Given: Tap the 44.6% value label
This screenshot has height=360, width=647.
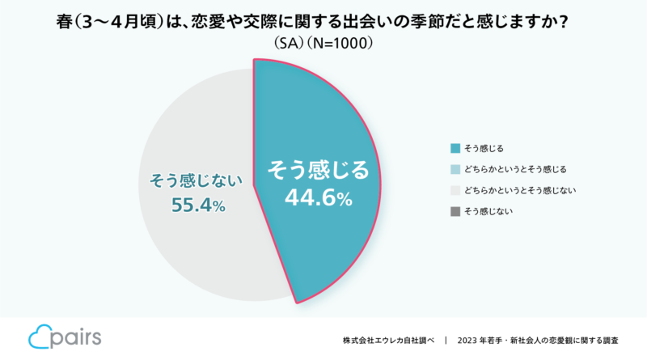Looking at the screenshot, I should coord(318,197).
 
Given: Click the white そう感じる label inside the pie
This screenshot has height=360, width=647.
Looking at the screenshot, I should coord(318,170).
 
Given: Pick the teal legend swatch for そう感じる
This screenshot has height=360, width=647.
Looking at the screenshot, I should coord(455,148).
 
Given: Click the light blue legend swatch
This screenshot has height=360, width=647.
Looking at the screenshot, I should coord(455,169).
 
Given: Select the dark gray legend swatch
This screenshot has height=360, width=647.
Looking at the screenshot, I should coord(455,211).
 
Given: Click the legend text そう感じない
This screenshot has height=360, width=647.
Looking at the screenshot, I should coord(488,211).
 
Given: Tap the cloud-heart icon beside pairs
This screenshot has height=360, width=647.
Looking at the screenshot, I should coord(38,337).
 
